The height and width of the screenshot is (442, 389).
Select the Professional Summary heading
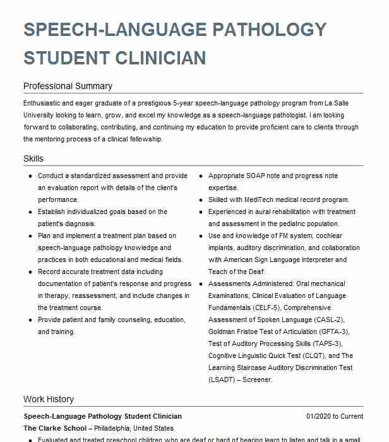(68, 86)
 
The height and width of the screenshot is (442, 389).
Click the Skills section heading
(33, 158)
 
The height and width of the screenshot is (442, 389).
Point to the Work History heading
(49, 399)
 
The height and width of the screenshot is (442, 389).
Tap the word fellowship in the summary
(147, 138)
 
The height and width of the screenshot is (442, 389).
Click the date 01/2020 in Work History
(319, 416)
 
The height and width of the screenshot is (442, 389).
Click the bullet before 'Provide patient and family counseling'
(30, 320)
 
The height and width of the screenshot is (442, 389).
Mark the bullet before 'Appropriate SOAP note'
(201, 176)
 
